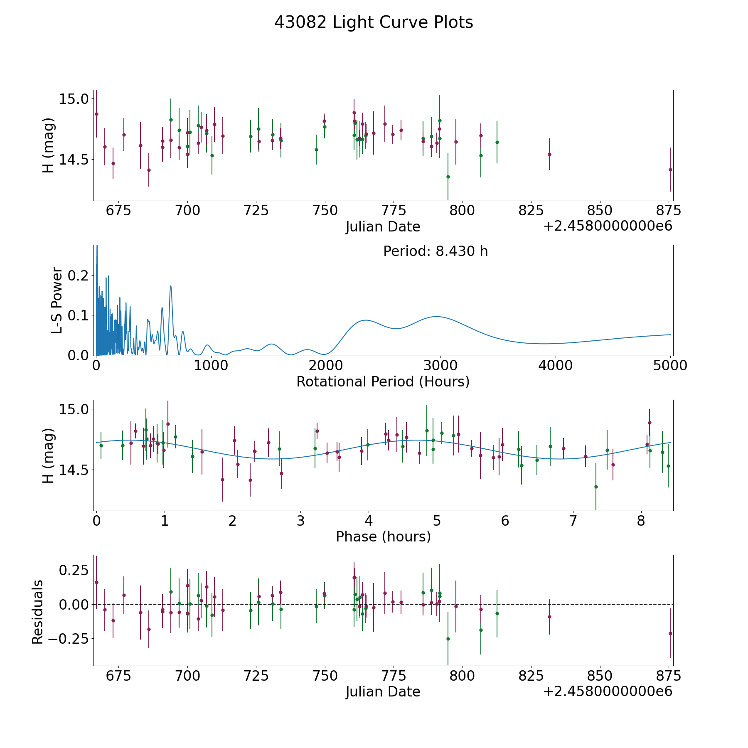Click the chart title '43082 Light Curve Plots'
click(x=374, y=22)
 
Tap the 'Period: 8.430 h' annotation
click(x=435, y=251)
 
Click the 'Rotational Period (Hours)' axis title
click(x=383, y=381)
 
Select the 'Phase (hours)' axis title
click(x=383, y=536)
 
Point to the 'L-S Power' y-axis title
click(x=57, y=300)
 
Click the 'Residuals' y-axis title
click(x=37, y=612)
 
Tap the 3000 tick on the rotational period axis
click(x=440, y=366)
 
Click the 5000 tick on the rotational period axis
click(x=670, y=366)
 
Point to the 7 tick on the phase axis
click(x=573, y=521)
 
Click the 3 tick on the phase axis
click(x=300, y=521)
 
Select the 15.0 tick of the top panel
click(x=74, y=99)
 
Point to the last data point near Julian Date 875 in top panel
click(x=670, y=170)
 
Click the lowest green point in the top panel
click(x=448, y=177)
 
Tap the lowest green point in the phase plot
click(x=595, y=487)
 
